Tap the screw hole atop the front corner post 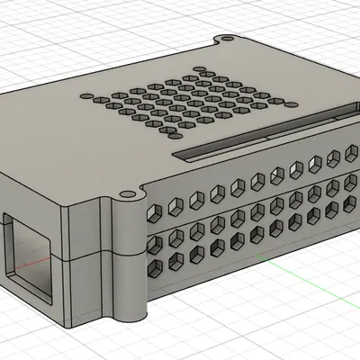pos(124,194)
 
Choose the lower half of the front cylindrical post pos(127,288)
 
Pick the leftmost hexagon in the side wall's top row pos(156,211)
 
